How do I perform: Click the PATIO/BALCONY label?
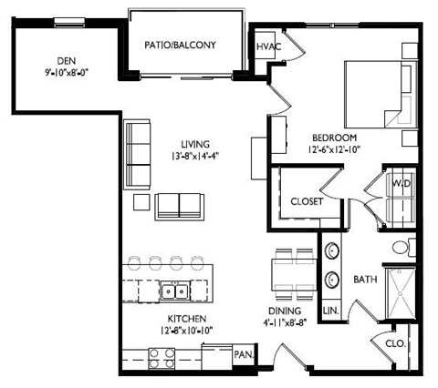coord(180,46)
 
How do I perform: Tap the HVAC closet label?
coord(269,46)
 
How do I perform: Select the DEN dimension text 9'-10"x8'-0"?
coord(67,73)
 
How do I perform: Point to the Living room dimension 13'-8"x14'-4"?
coord(195,156)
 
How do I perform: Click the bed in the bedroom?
coord(381,94)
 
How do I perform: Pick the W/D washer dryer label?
coord(401,183)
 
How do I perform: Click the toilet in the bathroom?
coord(403,247)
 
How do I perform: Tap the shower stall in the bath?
coord(401,293)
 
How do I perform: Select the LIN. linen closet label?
coord(331,311)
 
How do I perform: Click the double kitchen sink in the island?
coord(174,291)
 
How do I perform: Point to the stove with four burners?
coord(162,359)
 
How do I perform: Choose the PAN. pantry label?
coord(244,354)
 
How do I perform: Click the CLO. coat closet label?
coord(396,344)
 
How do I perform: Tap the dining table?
coord(294,274)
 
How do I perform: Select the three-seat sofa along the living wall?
coord(137,155)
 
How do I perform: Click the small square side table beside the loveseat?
coord(141,202)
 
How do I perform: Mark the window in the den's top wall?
coord(69,22)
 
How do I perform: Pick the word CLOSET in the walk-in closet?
coord(307,201)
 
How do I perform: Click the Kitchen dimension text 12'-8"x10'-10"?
coord(187,331)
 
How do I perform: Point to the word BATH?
coord(365,280)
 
